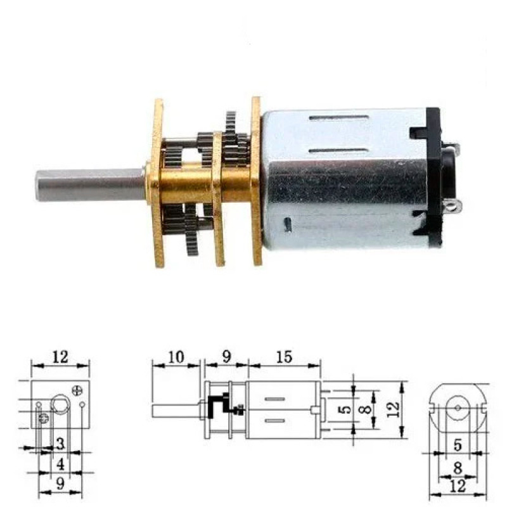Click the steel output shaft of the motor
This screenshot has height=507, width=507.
91,184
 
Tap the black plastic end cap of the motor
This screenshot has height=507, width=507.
434,177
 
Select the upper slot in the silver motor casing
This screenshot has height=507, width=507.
339,118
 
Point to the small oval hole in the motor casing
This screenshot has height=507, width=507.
288,225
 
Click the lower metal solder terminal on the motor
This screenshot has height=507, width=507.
452,205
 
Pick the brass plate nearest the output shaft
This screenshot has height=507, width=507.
158,183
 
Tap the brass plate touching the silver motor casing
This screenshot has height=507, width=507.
257,181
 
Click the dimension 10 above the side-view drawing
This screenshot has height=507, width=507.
176,357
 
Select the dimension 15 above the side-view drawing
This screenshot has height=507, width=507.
284,357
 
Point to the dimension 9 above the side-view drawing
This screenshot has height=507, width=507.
227,357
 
